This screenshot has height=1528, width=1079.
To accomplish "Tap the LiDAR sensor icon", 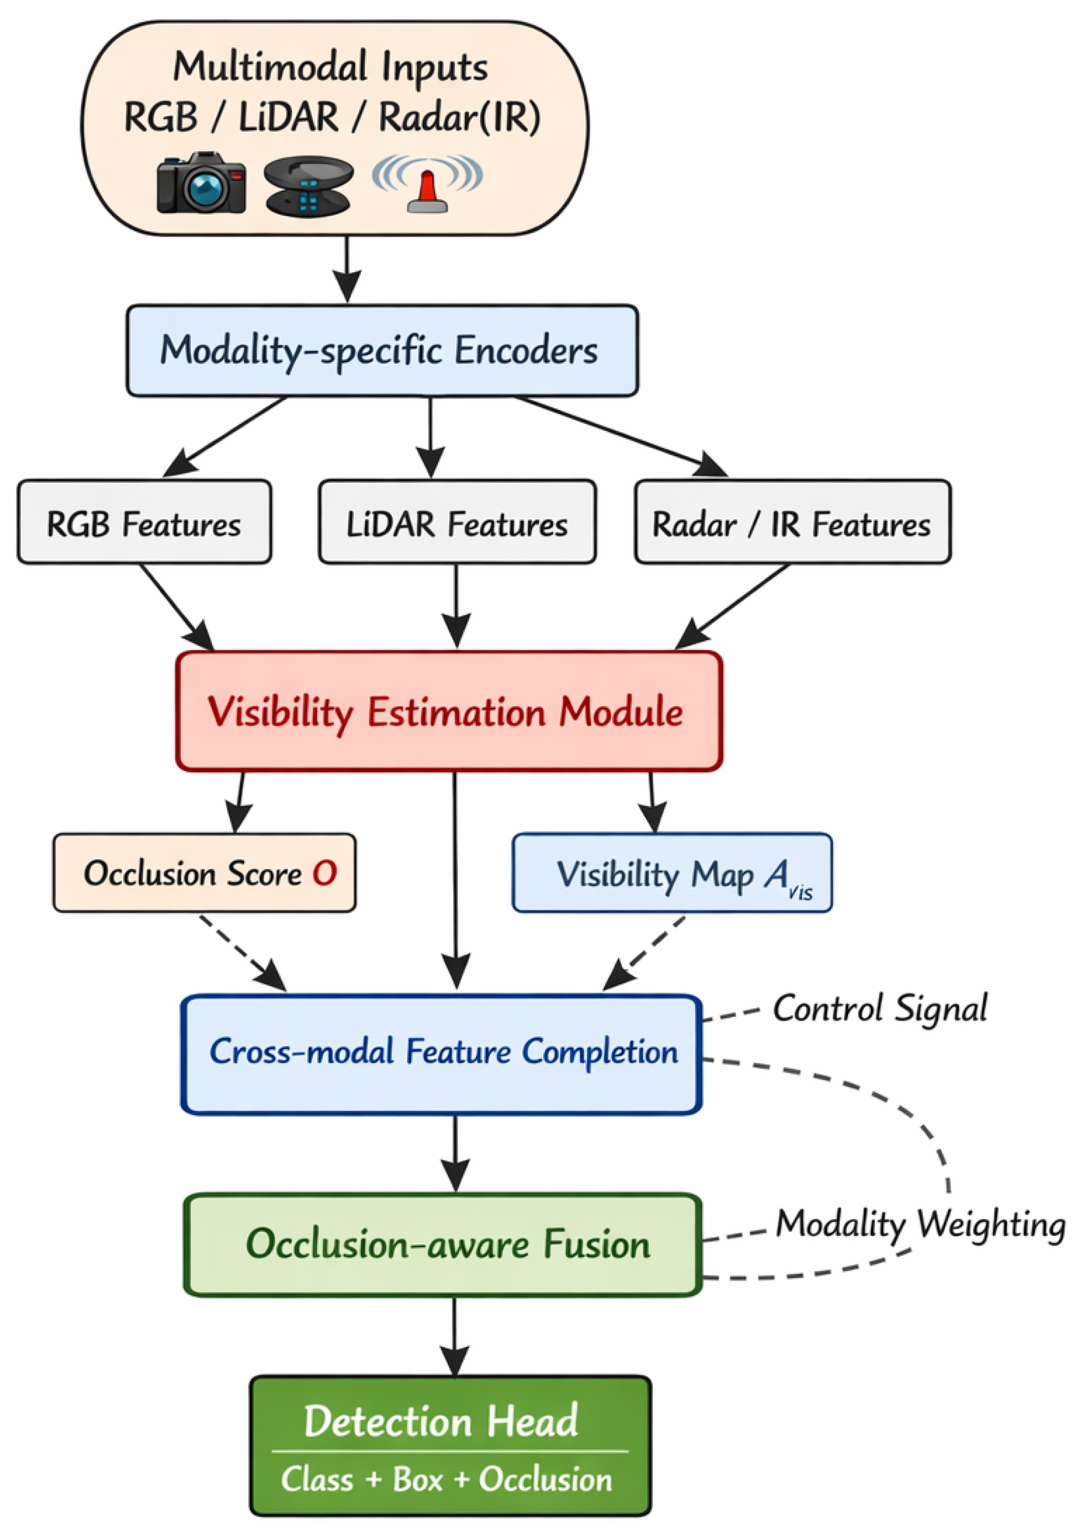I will coord(308,186).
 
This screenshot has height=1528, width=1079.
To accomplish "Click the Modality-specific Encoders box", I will coord(382,351).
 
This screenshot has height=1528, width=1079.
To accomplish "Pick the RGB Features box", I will coord(144,523).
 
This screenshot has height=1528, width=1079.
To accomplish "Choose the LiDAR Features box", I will coord(456,523).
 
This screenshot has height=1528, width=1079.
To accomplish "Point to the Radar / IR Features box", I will coord(792,523).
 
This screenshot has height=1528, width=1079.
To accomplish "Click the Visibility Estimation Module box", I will coord(449,711).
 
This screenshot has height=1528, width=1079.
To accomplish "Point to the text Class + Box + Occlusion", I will coord(446,1480).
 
